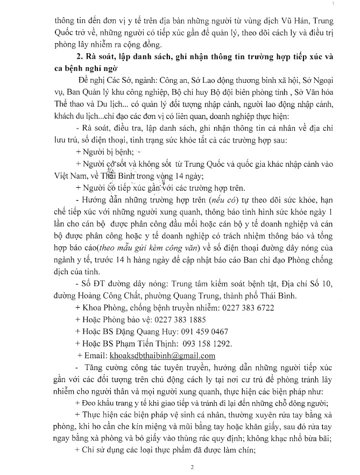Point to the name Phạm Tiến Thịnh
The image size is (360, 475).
pos(148,344)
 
